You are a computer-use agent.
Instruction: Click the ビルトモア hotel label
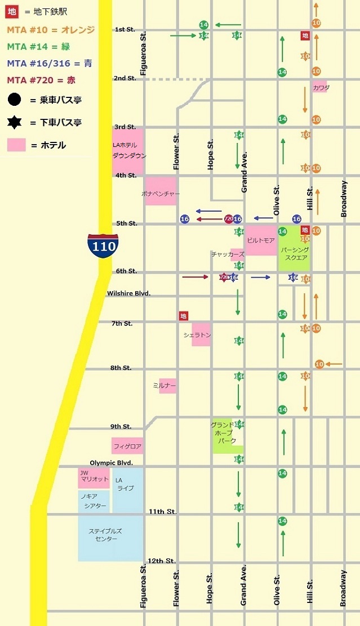click(261, 240)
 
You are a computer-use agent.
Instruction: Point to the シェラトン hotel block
click(201, 334)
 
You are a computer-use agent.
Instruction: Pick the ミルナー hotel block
click(167, 386)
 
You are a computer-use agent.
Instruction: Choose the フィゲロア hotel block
click(127, 446)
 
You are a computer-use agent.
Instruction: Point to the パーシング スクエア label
click(295, 253)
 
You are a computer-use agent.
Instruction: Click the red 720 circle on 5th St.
click(228, 218)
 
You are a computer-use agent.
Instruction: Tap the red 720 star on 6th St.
click(223, 277)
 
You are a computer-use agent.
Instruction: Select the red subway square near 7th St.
click(183, 316)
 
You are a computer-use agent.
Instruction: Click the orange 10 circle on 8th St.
click(319, 364)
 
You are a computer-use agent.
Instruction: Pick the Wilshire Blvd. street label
click(129, 294)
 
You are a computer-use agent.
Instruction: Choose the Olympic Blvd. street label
click(111, 463)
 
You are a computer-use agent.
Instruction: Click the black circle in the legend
click(15, 100)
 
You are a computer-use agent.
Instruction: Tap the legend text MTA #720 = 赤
click(41, 80)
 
